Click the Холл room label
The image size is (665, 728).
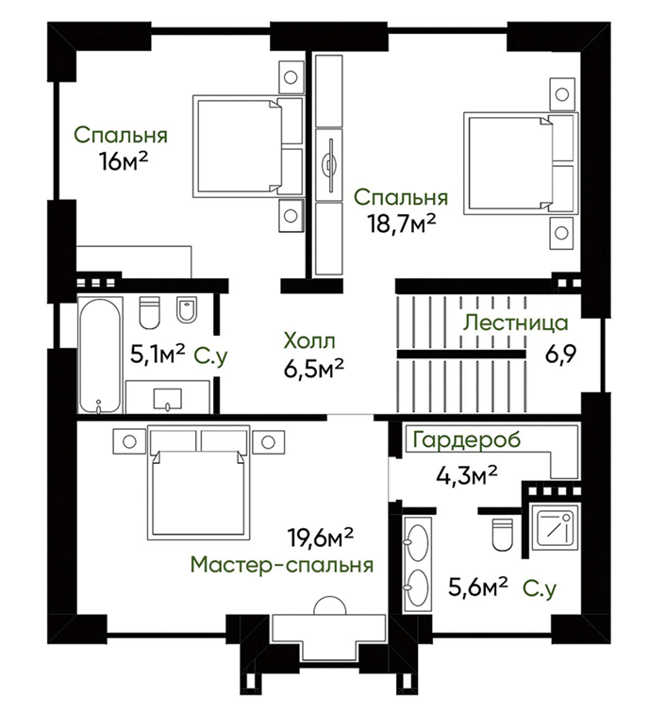pos(308,341)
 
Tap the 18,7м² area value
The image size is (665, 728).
pos(402,224)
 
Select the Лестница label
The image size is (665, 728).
pos(515,323)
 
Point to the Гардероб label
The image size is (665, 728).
pos(466,439)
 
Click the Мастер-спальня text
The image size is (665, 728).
pos(282,565)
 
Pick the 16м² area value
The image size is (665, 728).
pos(123,161)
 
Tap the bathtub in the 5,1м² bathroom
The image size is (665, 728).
pos(99,356)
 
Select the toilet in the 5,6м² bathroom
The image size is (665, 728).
pos(502,535)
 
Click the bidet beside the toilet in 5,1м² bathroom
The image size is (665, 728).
pos(187,309)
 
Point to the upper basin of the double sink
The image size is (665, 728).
pos(418,542)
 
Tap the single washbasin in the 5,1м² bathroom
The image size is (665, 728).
pos(167,399)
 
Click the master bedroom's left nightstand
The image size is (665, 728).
pos(129,441)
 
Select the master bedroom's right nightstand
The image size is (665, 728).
pos(268,441)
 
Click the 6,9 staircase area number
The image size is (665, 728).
pos(560,356)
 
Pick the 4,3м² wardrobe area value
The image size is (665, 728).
pos(466,476)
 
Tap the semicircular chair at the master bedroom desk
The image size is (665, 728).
pos(329,605)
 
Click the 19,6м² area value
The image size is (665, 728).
pos(321,538)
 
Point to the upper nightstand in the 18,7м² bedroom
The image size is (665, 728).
pos(562,94)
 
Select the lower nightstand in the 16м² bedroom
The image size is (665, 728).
pos(291,215)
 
